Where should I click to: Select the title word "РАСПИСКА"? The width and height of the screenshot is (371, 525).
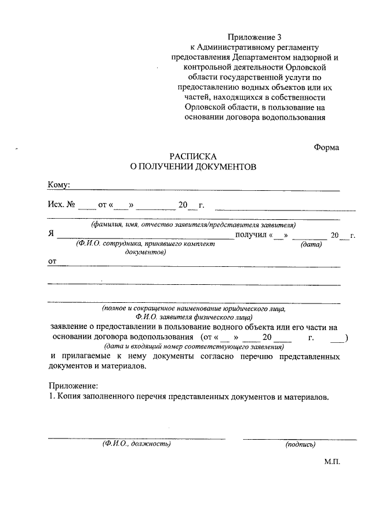192,157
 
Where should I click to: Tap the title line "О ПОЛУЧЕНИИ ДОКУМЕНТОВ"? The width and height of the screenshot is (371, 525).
192,166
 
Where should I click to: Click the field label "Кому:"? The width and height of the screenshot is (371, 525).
59,185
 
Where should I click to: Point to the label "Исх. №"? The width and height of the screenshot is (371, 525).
60,205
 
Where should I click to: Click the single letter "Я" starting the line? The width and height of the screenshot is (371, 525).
51,235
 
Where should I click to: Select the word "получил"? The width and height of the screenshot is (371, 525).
249,235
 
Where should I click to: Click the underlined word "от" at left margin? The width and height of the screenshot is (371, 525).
52,261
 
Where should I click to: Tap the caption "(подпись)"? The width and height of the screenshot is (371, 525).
300,444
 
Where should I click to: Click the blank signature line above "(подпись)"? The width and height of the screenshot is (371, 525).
300,438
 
